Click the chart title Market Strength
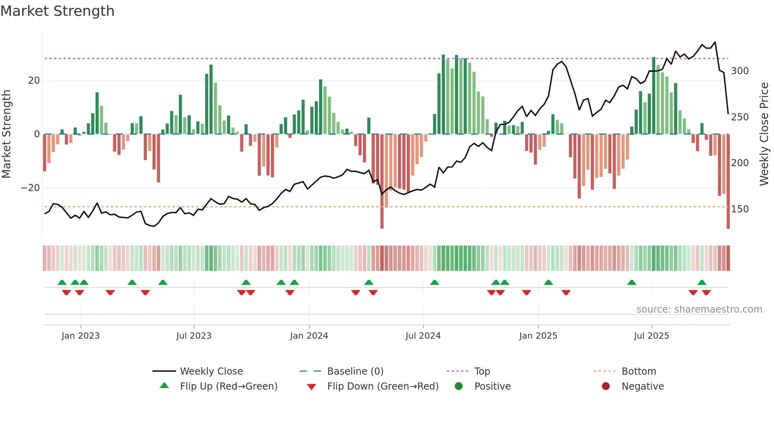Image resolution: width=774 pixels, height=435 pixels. pos(57,11)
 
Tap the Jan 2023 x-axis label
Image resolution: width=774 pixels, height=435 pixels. pos(81,336)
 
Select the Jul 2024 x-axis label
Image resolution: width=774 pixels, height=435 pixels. pos(423,336)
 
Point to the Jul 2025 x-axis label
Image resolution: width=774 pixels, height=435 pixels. pos(652,336)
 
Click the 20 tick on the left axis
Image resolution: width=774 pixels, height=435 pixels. pos(34,81)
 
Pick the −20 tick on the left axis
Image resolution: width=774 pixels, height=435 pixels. pos(30,188)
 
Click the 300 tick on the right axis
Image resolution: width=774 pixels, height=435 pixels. pos(740,71)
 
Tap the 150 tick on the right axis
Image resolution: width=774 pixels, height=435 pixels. pos(740,209)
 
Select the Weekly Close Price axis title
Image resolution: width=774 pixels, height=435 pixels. pos(765,134)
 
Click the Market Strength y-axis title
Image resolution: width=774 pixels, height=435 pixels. pos(7,134)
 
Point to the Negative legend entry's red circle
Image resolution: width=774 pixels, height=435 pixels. pos(606,386)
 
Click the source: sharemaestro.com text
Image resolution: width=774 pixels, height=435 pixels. pos(699,309)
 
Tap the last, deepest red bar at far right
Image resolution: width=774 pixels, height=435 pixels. pos(728,182)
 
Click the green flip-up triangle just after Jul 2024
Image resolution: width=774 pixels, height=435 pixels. pos(434,283)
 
